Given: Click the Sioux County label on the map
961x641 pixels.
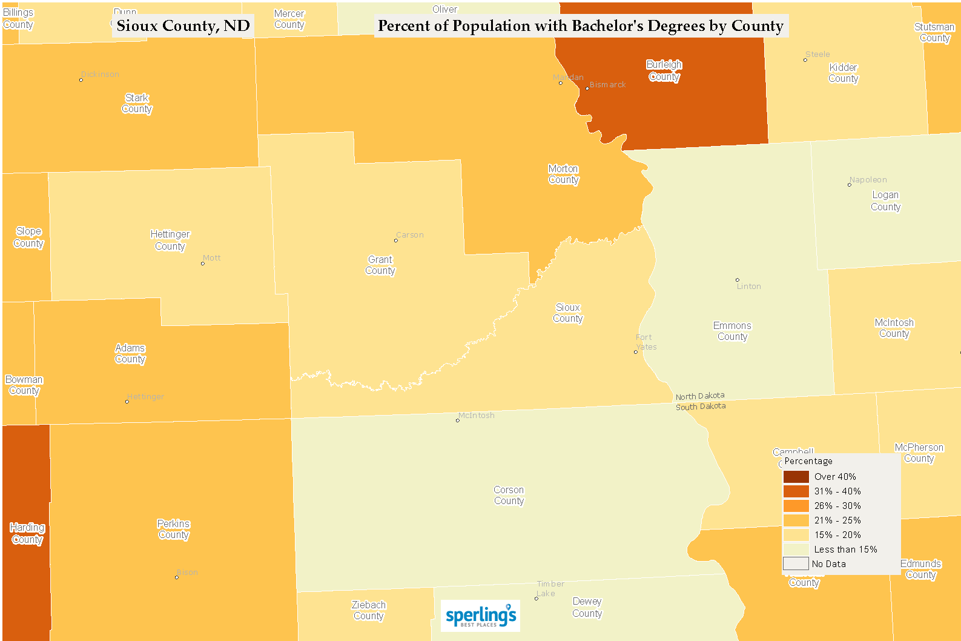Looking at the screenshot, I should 567,313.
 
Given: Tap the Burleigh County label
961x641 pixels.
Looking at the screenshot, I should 664,71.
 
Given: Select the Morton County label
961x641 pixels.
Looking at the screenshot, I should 563,174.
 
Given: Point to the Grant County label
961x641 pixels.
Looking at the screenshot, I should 380,265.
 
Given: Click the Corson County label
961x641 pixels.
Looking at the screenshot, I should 509,496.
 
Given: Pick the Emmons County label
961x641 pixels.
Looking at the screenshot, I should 732,331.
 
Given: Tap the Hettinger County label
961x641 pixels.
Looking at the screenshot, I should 170,241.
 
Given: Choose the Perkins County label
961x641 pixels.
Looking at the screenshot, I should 174,530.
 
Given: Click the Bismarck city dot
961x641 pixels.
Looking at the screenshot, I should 587,88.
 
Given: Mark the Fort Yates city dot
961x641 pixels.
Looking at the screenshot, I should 635,352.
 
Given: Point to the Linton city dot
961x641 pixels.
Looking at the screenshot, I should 737,280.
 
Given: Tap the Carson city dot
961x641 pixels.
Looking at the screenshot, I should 396,241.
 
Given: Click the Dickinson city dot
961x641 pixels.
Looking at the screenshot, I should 81,80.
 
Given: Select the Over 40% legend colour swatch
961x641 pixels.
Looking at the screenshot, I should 796,477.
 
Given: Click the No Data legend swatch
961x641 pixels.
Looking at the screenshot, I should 796,564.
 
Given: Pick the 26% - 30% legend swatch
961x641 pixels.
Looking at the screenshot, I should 796,506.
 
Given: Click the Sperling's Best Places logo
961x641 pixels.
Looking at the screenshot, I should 480,616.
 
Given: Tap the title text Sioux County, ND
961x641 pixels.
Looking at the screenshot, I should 183,26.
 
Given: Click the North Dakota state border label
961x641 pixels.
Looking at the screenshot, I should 700,396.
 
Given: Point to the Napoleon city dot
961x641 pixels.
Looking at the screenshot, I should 849,185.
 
